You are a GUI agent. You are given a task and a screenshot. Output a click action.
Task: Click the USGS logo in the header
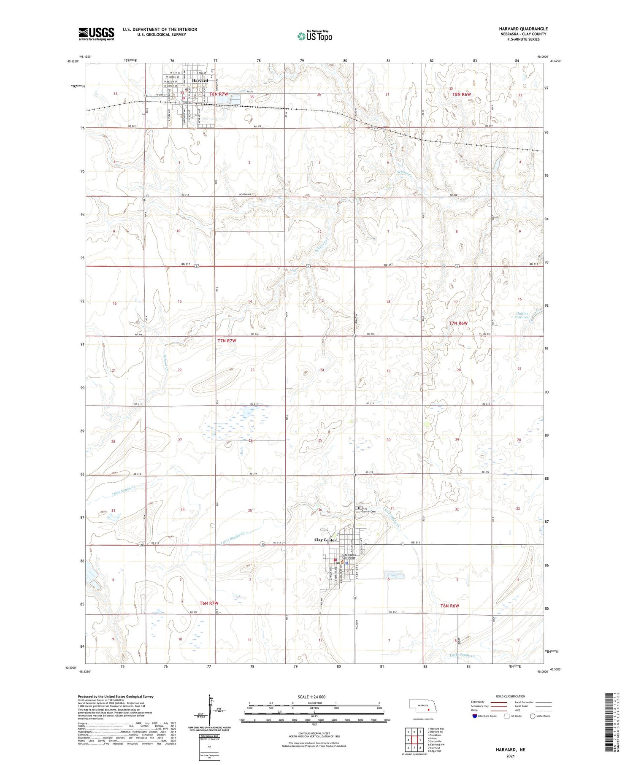(x=96, y=34)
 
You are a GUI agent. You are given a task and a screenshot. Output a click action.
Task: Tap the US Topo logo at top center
(x=315, y=36)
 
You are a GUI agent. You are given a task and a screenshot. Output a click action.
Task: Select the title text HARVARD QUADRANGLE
(x=523, y=29)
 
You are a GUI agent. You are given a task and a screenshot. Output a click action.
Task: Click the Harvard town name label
(x=200, y=81)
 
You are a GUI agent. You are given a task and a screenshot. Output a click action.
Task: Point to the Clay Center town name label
(x=325, y=540)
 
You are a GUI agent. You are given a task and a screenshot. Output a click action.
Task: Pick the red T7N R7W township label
(x=227, y=341)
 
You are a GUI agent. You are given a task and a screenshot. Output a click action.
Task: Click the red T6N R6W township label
(x=449, y=606)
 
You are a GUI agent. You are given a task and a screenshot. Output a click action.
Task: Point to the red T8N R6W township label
(x=461, y=95)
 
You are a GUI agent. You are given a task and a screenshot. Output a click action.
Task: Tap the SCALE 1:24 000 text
(x=311, y=697)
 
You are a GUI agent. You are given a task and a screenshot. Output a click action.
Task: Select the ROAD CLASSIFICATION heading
(x=510, y=696)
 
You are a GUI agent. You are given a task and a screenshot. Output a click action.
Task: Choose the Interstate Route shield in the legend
(x=475, y=716)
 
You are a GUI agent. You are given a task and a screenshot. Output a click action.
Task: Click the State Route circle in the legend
(x=533, y=716)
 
